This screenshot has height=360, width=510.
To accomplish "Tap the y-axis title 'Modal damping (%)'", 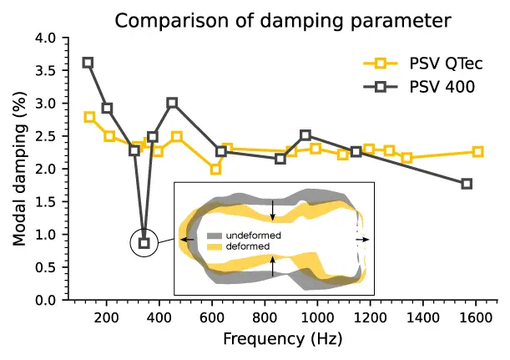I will pyautogui.click(x=19, y=168).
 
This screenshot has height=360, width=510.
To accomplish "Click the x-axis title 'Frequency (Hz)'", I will pyautogui.click(x=282, y=340).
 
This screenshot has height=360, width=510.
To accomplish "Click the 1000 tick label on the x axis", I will pyautogui.click(x=318, y=317).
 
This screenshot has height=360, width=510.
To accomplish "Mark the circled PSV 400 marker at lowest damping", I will pyautogui.click(x=144, y=243).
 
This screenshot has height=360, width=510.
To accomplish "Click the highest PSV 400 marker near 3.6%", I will pyautogui.click(x=88, y=63).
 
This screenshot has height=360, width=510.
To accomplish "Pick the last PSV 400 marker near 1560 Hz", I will pyautogui.click(x=467, y=184).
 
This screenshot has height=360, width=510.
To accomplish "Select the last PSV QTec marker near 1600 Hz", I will pyautogui.click(x=477, y=152).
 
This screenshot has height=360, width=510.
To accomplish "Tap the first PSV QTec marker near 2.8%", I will pyautogui.click(x=89, y=117).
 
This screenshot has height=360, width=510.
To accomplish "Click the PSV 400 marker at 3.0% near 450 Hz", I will pyautogui.click(x=172, y=103).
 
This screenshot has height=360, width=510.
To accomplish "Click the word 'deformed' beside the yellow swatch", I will pyautogui.click(x=246, y=247).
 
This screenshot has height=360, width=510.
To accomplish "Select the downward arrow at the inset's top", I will pyautogui.click(x=274, y=208).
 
